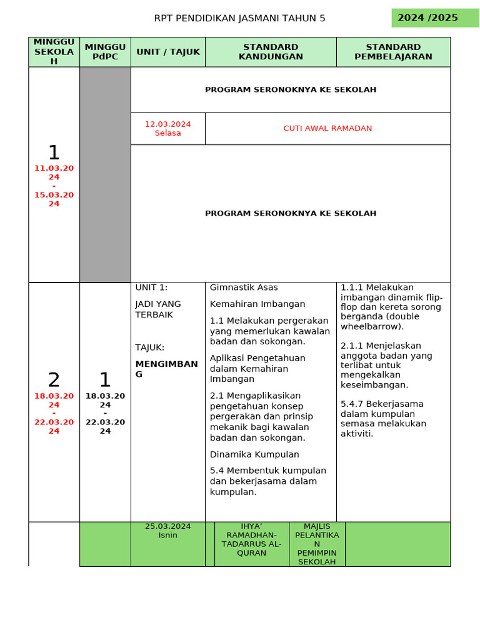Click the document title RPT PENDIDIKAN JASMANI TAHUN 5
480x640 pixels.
pos(239,18)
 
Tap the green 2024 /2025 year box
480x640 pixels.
pos(427,17)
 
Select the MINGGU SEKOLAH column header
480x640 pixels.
pos(54,51)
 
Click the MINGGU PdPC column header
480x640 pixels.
pos(105,52)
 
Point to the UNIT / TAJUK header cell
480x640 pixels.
pos(168,52)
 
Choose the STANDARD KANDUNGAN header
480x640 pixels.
pos(271,52)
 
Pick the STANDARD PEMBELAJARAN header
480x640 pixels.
pos(393,52)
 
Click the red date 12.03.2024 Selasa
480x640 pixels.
pos(167,128)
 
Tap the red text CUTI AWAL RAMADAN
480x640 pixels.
pos(327,128)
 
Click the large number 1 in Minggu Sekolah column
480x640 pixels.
pos(54,152)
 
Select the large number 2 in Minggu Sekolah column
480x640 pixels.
pos(54,379)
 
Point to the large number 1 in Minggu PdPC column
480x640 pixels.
pos(105,379)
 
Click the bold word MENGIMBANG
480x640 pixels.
pos(166,369)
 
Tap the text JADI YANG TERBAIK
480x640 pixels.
pos(158,309)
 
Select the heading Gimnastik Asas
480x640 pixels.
pos(244,287)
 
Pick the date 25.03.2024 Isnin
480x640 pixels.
pos(167,531)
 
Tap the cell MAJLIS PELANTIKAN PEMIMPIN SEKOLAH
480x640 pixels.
pos(317,544)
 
